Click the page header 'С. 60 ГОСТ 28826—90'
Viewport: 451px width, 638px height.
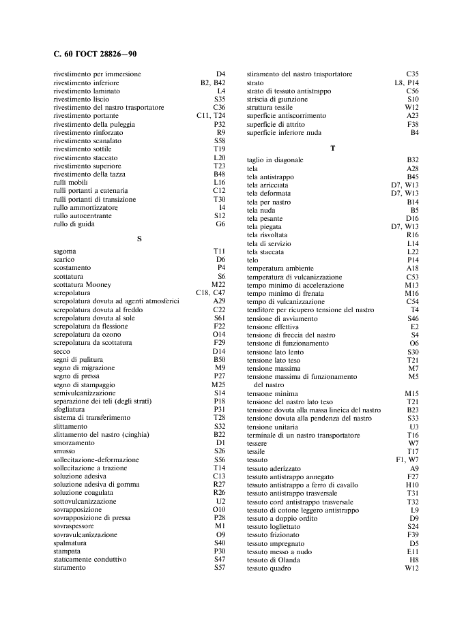click(96, 54)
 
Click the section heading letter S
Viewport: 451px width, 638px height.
click(139, 239)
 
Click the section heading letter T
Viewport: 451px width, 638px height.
click(332, 147)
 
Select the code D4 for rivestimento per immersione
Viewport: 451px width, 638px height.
click(220, 74)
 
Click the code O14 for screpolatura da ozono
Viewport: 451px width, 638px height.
click(219, 335)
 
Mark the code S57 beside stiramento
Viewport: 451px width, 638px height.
click(220, 567)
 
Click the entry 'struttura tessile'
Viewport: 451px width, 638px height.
click(270, 107)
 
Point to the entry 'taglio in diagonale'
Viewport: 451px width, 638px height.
click(275, 159)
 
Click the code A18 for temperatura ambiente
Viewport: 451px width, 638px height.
click(412, 269)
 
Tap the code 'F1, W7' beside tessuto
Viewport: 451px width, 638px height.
click(408, 459)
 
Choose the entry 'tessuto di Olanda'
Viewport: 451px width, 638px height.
click(274, 559)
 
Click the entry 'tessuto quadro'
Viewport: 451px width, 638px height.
click(269, 567)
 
